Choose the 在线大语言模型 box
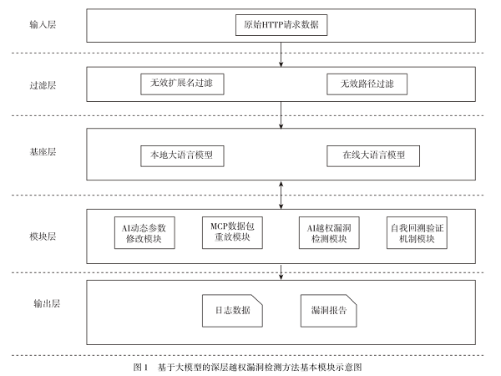pos(368,155)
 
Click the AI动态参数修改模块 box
pos(144,233)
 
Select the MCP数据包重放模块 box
pos(230,233)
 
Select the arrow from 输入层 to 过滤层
pos(284,57)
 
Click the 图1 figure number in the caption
pos(139,366)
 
